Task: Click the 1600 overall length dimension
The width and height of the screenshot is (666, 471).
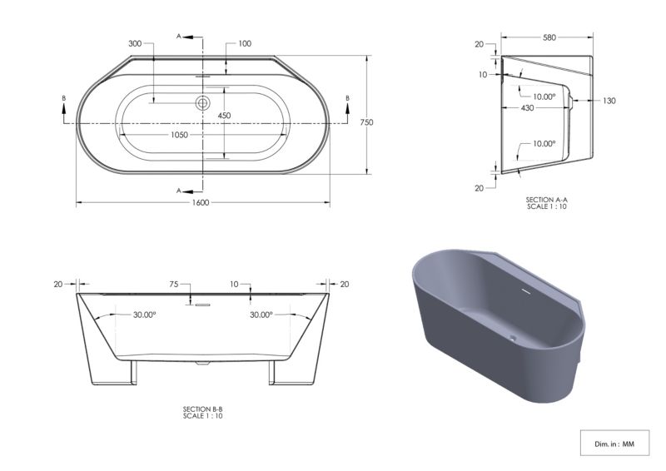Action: pyautogui.click(x=201, y=202)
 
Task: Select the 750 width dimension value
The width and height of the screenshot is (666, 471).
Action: pyautogui.click(x=366, y=122)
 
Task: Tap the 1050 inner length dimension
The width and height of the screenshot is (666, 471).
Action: pyautogui.click(x=179, y=135)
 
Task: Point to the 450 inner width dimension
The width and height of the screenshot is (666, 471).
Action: pyautogui.click(x=224, y=116)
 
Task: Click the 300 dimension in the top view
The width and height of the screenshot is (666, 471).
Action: pyautogui.click(x=135, y=43)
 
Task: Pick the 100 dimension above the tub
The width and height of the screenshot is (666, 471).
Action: pyautogui.click(x=245, y=43)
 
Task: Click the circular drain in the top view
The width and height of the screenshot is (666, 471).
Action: pyautogui.click(x=202, y=103)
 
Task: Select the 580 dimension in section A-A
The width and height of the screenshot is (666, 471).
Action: pyautogui.click(x=549, y=37)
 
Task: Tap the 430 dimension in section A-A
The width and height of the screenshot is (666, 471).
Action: pyautogui.click(x=527, y=108)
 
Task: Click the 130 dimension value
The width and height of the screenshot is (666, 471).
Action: pyautogui.click(x=609, y=101)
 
